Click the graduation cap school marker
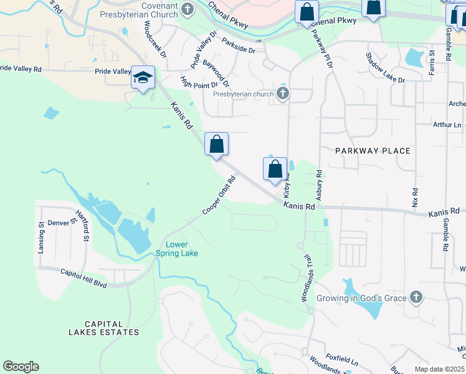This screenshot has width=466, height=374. (x=143, y=78)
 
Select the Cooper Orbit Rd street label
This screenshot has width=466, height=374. (x=219, y=196)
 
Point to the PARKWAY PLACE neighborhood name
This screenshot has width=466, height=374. (x=373, y=151)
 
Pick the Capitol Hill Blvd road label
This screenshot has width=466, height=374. (x=83, y=278)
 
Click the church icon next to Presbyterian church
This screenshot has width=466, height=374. (x=283, y=94)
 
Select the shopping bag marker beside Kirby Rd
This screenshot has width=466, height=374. (x=275, y=169)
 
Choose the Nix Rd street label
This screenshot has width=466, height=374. (x=415, y=198)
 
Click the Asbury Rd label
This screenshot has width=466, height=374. (x=318, y=185)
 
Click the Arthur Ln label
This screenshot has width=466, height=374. (x=448, y=125)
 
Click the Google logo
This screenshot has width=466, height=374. (x=21, y=367)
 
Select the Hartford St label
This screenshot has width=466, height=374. (x=83, y=226)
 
